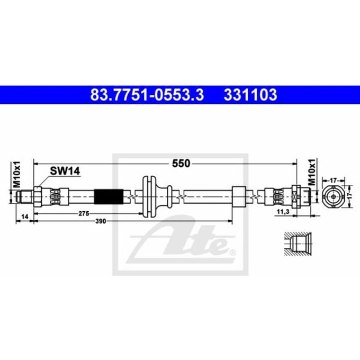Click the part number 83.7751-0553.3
147,95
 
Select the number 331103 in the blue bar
250,95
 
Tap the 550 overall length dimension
181,164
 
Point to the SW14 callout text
65,171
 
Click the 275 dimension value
84,213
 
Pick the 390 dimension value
101,221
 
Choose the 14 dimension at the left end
25,217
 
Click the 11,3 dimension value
283,212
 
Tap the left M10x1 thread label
17,175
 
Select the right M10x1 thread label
312,172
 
